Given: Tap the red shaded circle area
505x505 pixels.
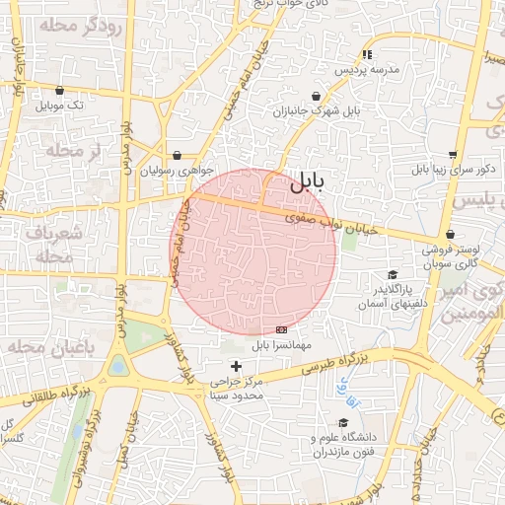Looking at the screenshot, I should pos(254,252).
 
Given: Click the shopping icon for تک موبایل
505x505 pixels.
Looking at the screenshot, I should pos(60,90).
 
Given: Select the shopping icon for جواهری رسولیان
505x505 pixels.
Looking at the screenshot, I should pos(176,155).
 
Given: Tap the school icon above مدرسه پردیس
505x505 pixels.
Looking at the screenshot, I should pos(367,55).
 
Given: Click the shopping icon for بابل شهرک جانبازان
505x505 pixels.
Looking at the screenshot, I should pos(316,96).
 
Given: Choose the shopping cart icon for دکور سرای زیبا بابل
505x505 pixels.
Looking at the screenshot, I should pos(452,155).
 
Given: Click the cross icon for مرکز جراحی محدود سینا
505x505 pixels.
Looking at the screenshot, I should pos(235,366).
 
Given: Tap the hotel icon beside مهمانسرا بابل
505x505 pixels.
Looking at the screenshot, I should pos(282,329).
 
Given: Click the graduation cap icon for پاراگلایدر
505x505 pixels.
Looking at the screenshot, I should pos(393,275).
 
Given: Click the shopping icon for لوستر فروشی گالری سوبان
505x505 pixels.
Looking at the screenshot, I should pos(451,235).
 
